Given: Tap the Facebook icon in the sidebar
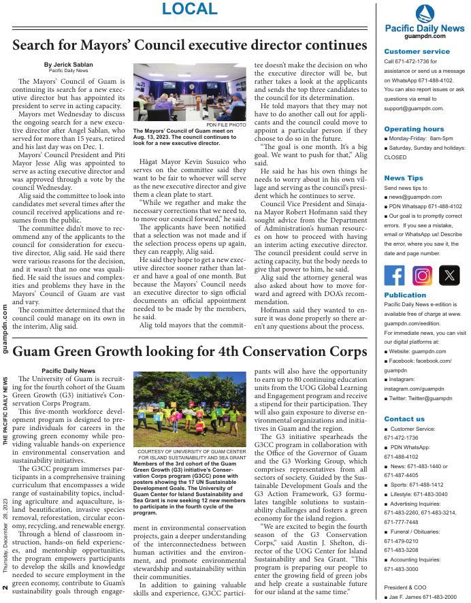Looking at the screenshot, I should click(x=394, y=276).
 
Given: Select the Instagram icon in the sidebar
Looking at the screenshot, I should click(x=422, y=276).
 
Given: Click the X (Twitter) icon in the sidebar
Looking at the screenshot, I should click(x=449, y=276).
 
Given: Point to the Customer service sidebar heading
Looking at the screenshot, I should click(x=417, y=51).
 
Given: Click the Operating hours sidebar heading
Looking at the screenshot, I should click(x=414, y=129).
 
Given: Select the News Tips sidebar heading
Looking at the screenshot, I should click(x=404, y=178).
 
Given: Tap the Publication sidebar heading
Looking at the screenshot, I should click(x=405, y=295).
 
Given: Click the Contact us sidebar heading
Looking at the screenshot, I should click(x=404, y=419).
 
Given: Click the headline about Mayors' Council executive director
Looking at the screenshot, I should click(x=189, y=46).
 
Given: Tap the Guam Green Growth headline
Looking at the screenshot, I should click(x=189, y=352).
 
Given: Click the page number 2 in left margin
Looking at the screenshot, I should click(x=5, y=587).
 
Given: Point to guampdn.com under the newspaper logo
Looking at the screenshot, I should click(x=424, y=36).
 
